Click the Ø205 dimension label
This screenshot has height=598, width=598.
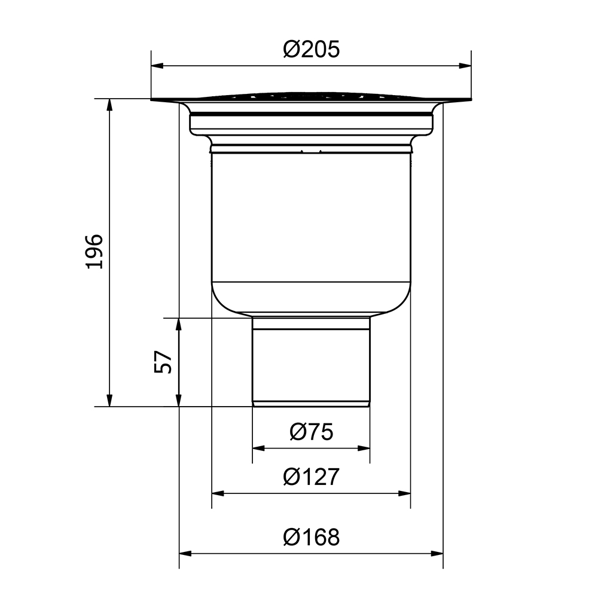[x=311, y=50]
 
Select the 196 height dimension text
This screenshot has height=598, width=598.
[x=94, y=252]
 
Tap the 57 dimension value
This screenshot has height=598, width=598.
[x=163, y=362]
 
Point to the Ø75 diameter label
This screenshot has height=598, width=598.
[x=311, y=432]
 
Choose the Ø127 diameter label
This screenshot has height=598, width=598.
[x=311, y=477]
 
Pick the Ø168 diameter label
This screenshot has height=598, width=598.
[x=311, y=537]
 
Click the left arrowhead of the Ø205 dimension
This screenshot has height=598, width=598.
[x=157, y=66]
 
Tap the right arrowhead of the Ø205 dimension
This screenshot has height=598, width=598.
[x=465, y=66]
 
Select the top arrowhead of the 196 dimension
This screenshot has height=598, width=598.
[x=110, y=105]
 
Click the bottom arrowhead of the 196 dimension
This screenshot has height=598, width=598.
[x=110, y=401]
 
